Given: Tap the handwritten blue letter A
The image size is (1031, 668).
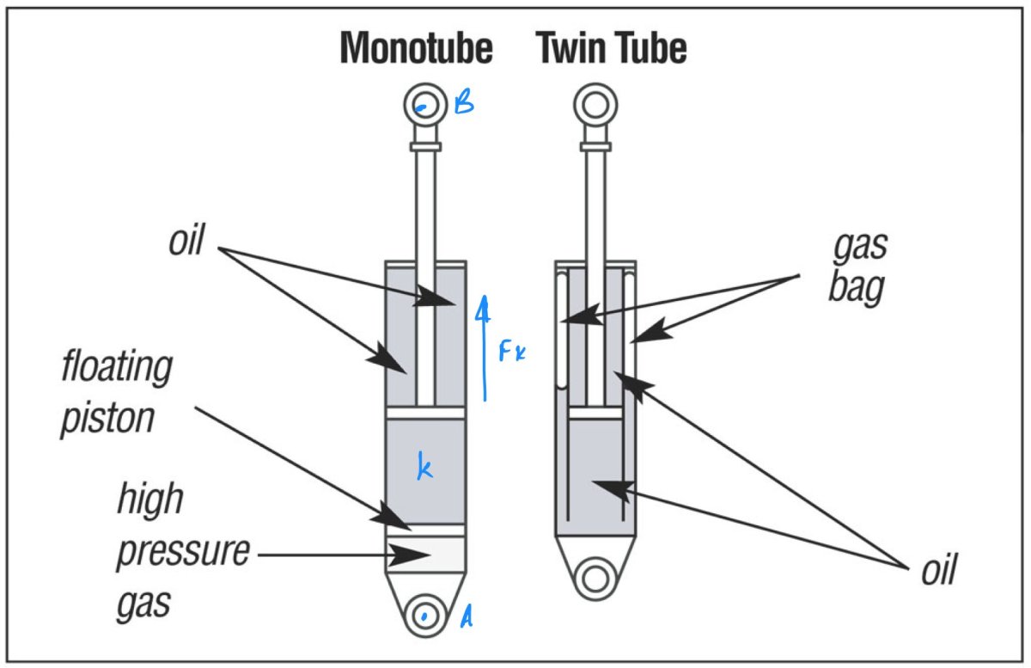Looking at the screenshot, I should click(467, 616).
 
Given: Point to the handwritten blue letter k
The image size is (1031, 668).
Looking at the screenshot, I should click(424, 468).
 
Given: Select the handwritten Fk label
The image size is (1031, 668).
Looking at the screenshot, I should click(512, 350).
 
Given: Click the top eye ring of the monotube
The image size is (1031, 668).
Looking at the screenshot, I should click(424, 105).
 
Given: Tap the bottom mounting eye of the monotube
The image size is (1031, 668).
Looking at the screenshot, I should click(424, 615).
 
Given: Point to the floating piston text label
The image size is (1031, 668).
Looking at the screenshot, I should click(116, 394).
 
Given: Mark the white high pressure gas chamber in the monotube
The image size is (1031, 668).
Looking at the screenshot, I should click(424, 553).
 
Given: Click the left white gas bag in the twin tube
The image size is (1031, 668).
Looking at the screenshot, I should click(562, 331).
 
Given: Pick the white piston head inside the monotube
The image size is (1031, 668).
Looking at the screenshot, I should click(424, 414).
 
